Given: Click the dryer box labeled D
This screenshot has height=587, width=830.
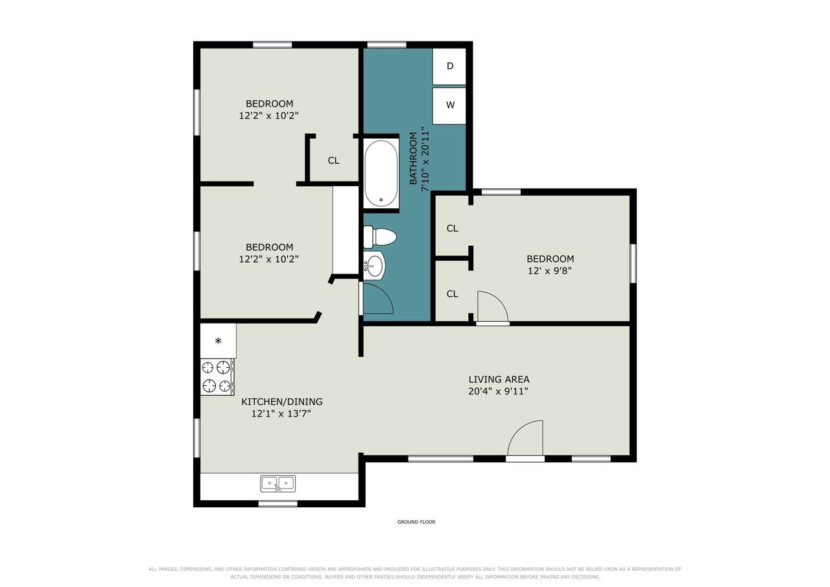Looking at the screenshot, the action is (449, 66).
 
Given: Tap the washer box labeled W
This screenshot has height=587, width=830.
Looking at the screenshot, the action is (449, 106).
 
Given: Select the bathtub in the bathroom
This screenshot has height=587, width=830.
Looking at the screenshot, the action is (381, 173).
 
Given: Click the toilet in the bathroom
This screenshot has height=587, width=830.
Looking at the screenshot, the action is (380, 237).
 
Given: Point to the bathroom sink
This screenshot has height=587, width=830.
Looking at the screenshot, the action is (374, 265).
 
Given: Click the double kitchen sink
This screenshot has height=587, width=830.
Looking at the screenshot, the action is (278, 484).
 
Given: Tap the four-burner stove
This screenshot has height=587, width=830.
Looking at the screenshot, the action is (217, 377).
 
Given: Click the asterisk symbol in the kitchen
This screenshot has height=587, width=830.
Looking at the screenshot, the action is (219, 341).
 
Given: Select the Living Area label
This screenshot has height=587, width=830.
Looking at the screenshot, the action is (499, 379).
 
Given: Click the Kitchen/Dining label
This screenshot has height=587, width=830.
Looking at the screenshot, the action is (281, 401).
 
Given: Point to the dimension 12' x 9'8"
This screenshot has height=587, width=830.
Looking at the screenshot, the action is (549, 271).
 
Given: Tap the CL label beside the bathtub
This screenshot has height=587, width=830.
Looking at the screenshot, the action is (333, 160).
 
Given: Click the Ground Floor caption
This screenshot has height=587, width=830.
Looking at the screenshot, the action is (416, 521).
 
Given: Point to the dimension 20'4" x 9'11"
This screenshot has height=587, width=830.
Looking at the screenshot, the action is (498, 391).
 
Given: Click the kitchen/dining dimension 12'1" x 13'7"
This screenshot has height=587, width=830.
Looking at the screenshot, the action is (281, 414).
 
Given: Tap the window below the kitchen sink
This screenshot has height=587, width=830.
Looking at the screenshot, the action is (278, 503).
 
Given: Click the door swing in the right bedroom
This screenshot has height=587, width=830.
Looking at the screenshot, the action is (493, 306).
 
